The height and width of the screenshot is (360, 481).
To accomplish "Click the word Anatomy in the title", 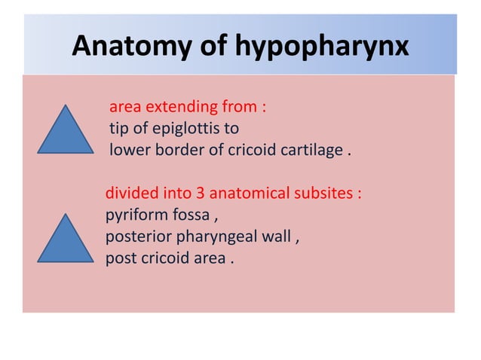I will point(125,47).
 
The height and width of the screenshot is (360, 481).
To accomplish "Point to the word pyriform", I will point(134,217).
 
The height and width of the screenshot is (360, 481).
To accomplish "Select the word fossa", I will point(191,217).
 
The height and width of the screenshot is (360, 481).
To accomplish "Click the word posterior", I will point(138,239).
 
